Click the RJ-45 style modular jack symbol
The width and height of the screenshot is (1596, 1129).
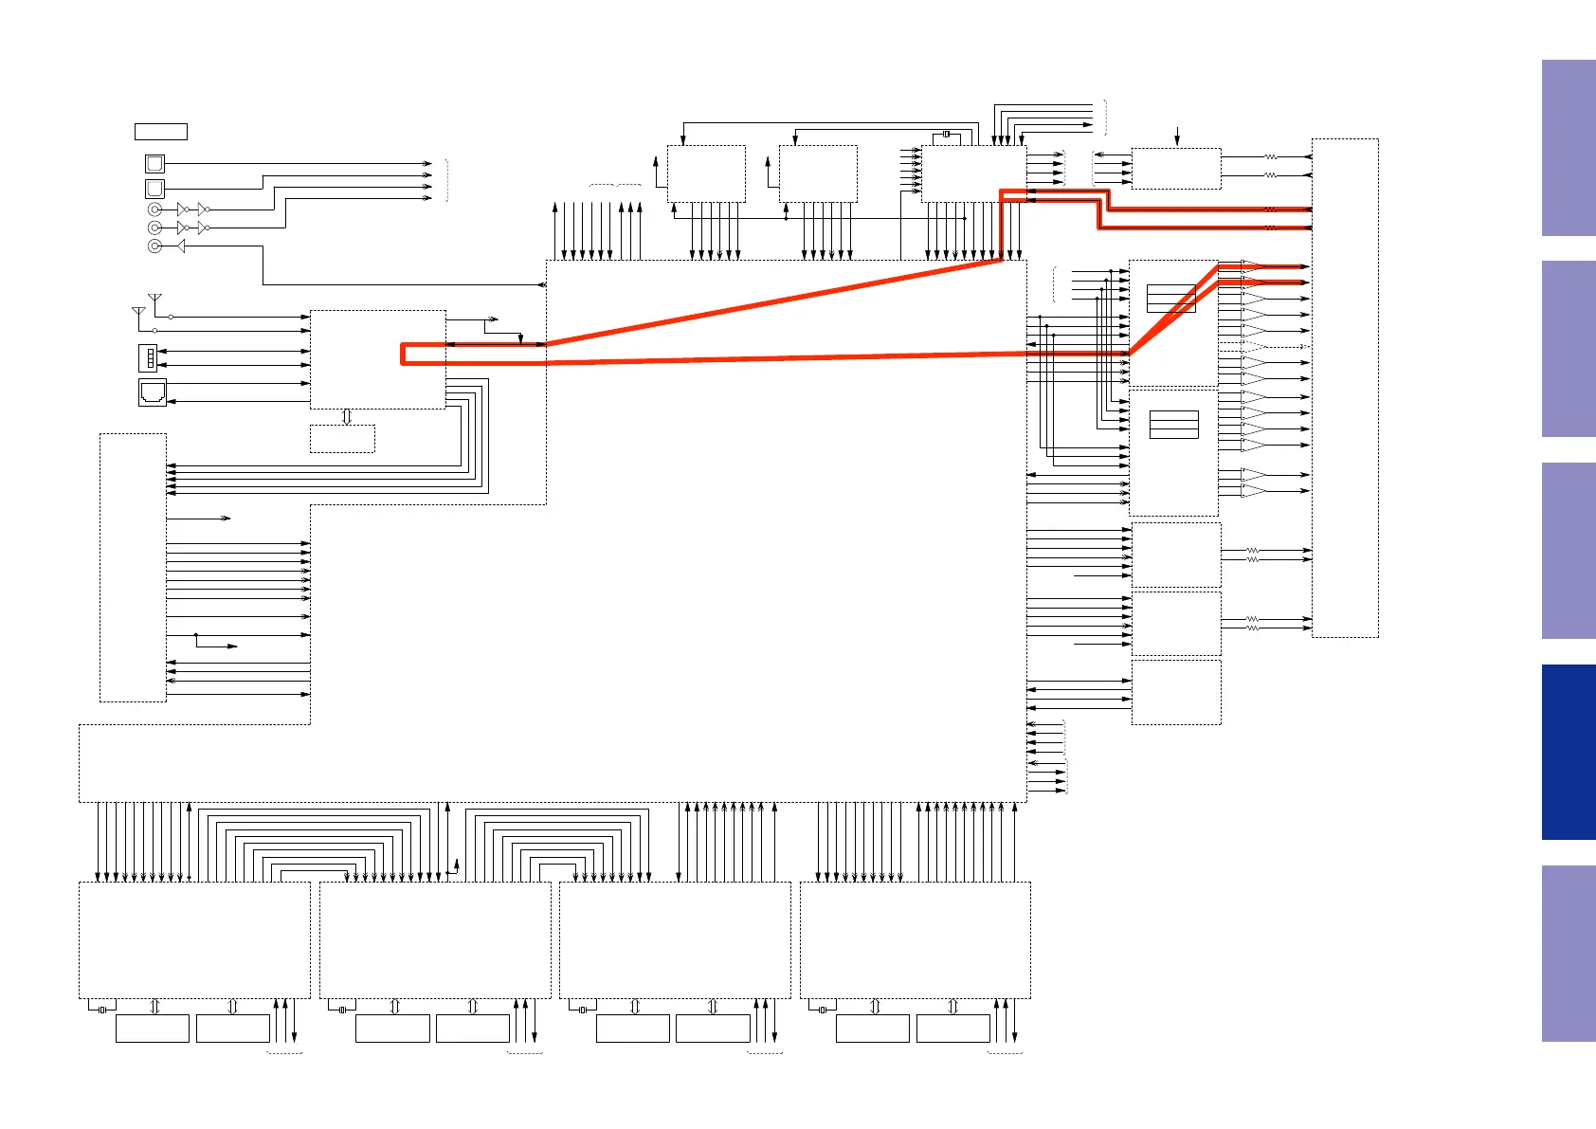(x=152, y=392)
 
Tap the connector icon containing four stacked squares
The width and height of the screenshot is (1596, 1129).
(x=149, y=357)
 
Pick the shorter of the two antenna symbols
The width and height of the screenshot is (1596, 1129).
(x=138, y=312)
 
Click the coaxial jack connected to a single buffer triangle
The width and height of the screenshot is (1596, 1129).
(x=154, y=246)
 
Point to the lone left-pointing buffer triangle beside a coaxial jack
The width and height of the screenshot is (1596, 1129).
(x=180, y=246)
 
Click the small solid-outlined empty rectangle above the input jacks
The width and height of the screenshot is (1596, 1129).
(x=160, y=132)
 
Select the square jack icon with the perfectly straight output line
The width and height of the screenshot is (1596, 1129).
(x=154, y=163)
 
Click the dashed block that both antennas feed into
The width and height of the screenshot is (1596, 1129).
(x=377, y=359)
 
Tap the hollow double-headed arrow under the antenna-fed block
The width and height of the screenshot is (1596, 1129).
(x=347, y=417)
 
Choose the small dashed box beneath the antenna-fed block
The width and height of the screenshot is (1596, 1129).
(x=342, y=438)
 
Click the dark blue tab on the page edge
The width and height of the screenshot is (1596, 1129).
(x=1568, y=752)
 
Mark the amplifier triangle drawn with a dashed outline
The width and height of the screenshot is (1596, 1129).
(x=1253, y=347)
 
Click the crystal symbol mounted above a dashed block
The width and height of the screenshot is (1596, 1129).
(x=946, y=135)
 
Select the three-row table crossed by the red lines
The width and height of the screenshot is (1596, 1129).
(x=1170, y=299)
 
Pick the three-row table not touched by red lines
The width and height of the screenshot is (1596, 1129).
(x=1173, y=425)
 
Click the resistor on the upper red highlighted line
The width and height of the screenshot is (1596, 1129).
(x=1270, y=209)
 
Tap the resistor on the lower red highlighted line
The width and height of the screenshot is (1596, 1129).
(x=1270, y=228)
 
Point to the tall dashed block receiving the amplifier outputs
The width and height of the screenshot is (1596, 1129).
(x=1344, y=388)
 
